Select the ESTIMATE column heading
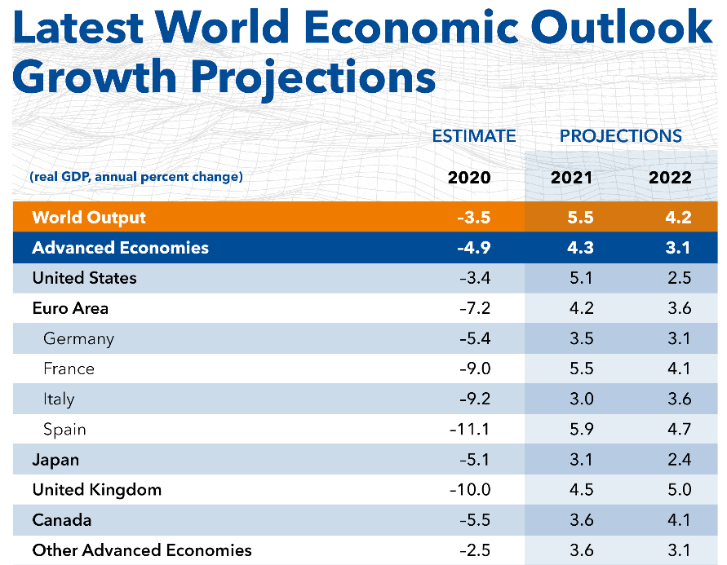click(x=474, y=136)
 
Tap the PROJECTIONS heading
click(x=621, y=136)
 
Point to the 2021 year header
click(x=571, y=177)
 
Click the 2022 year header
click(x=670, y=177)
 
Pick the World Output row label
click(x=89, y=217)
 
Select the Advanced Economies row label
click(x=120, y=248)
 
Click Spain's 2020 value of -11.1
click(x=470, y=429)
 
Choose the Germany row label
click(x=79, y=338)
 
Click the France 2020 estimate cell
click(x=474, y=369)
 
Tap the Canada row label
click(x=62, y=519)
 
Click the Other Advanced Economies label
click(x=142, y=550)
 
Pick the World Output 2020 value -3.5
click(x=474, y=217)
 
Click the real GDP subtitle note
click(x=135, y=177)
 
